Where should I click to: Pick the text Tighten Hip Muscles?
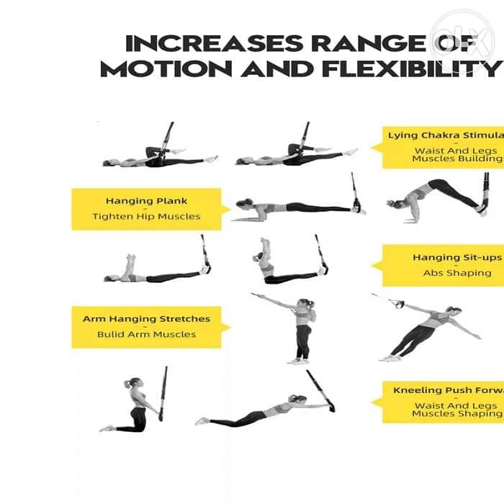(x=146, y=216)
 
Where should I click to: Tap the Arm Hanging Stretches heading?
(x=146, y=318)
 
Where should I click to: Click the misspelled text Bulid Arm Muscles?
(x=146, y=334)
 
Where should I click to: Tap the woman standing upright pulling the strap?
(x=298, y=328)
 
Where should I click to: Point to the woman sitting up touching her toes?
(x=277, y=263)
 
